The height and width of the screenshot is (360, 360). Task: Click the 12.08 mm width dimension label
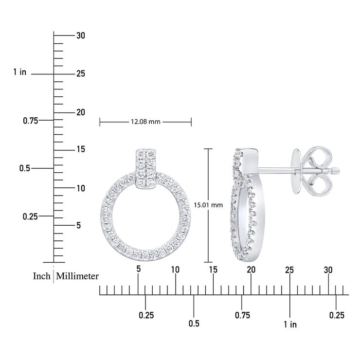(145, 122)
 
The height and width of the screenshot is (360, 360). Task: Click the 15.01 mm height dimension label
(208, 205)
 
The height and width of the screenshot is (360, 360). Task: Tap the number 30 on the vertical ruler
(81, 36)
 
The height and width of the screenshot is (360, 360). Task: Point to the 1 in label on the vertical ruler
(20, 72)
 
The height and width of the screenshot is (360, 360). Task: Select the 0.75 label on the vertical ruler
(31, 121)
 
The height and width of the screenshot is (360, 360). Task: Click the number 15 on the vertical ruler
(81, 149)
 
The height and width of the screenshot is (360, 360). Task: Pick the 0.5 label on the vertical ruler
(25, 168)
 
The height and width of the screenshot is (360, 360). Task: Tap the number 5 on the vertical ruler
(79, 225)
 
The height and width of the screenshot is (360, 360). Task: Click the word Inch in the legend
(41, 276)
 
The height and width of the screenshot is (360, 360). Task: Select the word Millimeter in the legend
(77, 276)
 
